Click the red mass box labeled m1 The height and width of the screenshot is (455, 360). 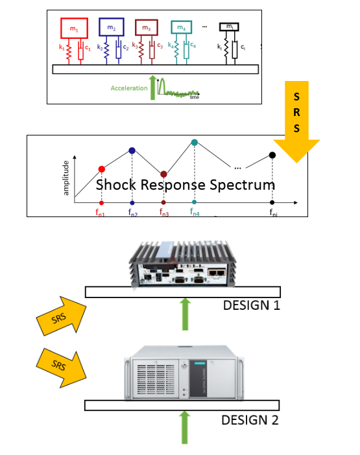pos(73,29)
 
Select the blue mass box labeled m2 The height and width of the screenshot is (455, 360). pos(112,29)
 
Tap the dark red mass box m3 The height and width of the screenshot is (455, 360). pos(147,28)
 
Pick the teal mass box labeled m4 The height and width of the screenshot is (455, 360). pos(182,28)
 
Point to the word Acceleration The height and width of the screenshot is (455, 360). pos(129,88)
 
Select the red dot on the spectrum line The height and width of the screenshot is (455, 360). pos(101,169)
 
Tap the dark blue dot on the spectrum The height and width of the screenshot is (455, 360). pos(132,150)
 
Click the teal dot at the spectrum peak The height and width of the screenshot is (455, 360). pos(194,143)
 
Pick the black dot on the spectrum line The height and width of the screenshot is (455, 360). pos(272,155)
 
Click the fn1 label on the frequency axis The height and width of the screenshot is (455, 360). pos(101,211)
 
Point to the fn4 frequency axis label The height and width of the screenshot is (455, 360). pos(195,211)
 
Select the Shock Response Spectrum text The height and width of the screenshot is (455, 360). pos(185,185)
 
